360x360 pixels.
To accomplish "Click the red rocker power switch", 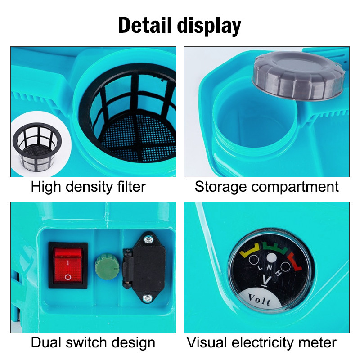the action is [68, 265].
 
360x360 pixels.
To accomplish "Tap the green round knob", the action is [107, 266].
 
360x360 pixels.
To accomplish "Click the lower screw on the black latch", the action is [147, 298].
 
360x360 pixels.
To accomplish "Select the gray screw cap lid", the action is [299, 75].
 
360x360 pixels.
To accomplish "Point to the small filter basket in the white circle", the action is [37, 147].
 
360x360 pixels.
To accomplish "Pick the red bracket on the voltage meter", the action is [295, 261].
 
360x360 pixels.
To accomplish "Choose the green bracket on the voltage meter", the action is [275, 247].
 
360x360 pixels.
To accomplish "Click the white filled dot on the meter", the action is [272, 258].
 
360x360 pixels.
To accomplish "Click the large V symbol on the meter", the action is [266, 281].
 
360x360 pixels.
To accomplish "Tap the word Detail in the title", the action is [145, 25].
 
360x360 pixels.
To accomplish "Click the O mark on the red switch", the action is [68, 277].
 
